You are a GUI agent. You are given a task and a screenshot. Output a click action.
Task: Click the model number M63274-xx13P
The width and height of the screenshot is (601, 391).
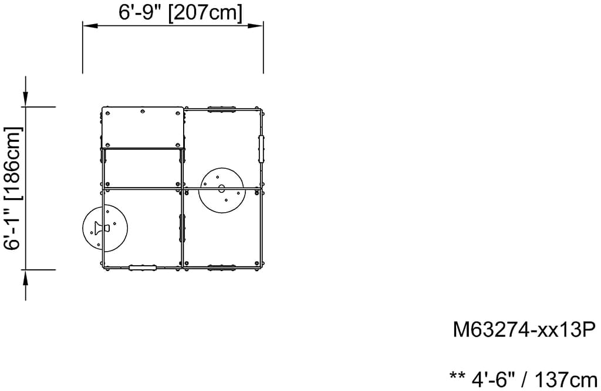(x=524, y=329)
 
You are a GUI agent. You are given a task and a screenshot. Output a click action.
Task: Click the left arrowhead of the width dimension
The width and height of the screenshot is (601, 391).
(x=91, y=26)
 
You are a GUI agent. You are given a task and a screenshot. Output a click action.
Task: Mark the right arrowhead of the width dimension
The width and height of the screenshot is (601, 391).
(x=255, y=26)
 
